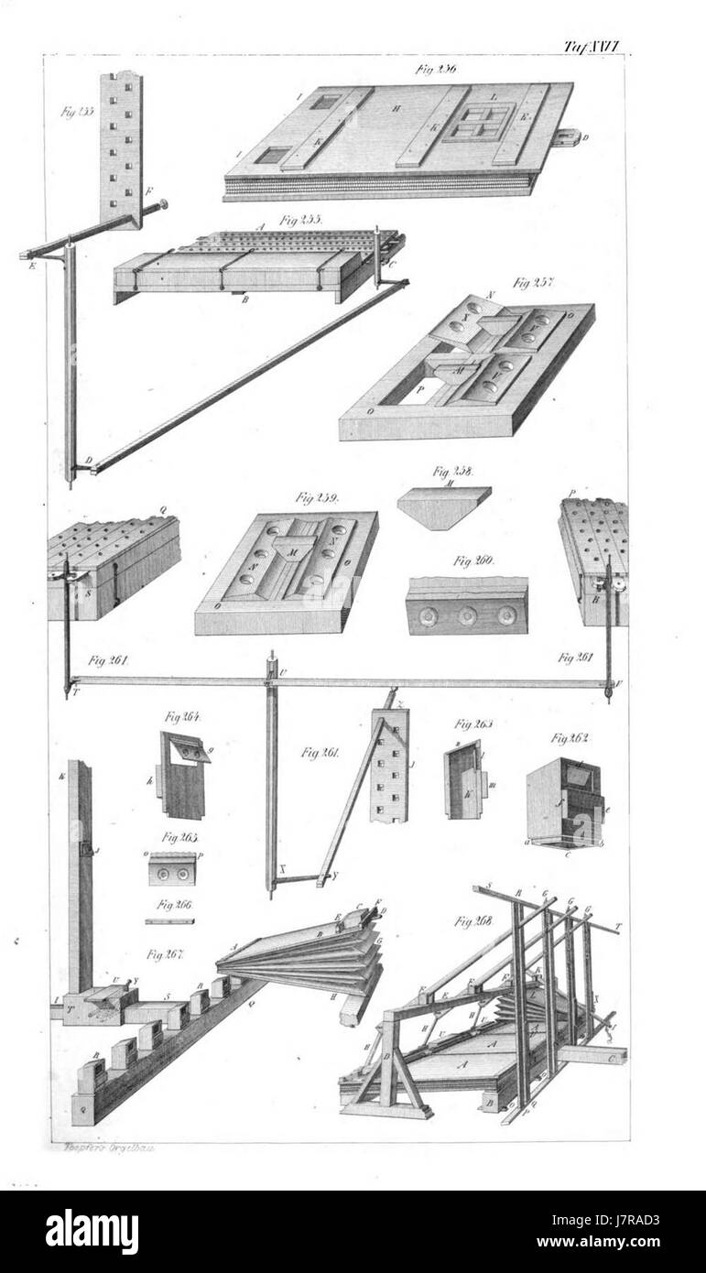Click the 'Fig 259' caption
318,498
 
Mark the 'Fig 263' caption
473,724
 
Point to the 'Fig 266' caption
174,905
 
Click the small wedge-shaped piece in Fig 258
443,506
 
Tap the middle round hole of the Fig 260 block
467,616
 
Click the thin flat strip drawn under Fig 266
169,921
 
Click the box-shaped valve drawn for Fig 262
565,803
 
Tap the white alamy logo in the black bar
92,1232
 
